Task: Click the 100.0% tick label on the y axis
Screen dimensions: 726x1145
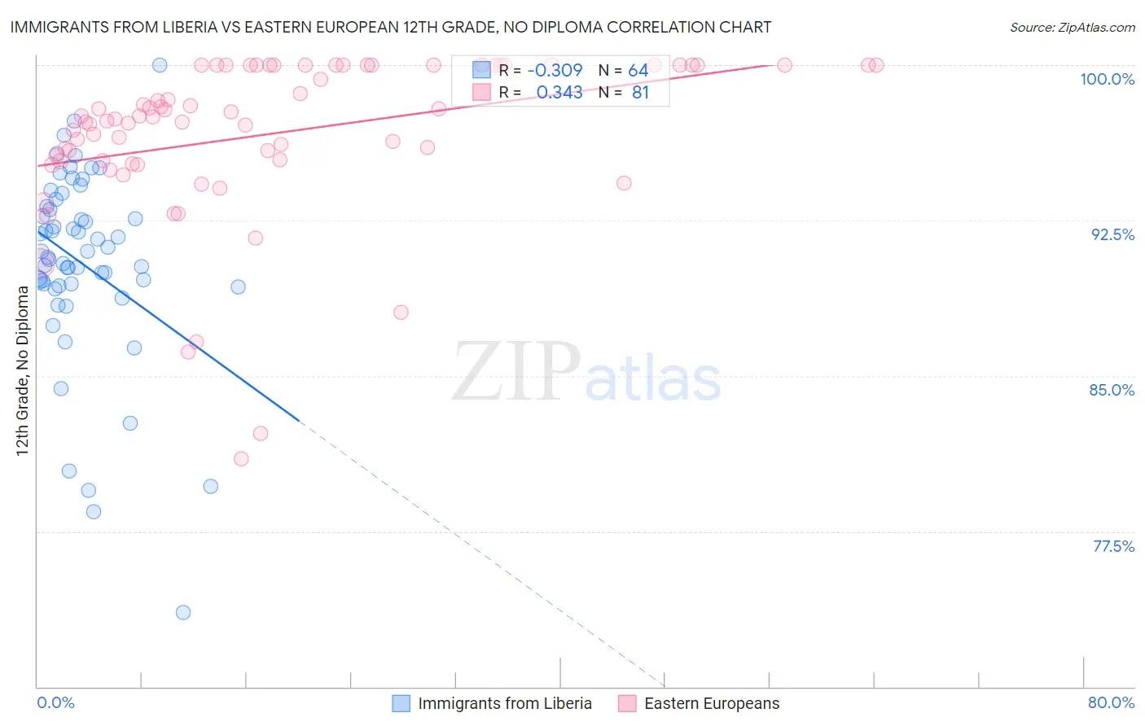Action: (1107, 79)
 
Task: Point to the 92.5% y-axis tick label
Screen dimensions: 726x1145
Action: (1112, 234)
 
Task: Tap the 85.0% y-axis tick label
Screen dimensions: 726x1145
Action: (1112, 390)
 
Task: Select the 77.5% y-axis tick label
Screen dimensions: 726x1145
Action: (1113, 546)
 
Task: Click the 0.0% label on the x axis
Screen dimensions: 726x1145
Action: (55, 702)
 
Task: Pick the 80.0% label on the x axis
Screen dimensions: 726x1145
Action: (1111, 702)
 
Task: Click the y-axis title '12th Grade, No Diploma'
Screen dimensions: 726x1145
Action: (23, 370)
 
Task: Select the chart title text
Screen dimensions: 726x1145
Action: (391, 27)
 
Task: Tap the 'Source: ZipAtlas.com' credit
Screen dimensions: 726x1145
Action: (1072, 27)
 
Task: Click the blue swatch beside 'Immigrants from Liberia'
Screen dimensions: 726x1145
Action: (401, 703)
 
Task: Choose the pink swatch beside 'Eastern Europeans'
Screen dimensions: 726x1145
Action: (627, 703)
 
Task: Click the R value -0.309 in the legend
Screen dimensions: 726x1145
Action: (555, 71)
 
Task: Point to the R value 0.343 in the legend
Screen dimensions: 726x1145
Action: (559, 93)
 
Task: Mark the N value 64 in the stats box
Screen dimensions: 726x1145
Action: (638, 71)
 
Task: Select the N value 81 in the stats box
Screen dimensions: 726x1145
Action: (640, 93)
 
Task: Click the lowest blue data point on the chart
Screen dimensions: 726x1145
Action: (183, 612)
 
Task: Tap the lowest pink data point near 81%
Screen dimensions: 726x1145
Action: (241, 459)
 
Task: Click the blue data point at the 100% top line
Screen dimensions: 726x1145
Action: (160, 65)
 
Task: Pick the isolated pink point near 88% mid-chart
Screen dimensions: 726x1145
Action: (401, 313)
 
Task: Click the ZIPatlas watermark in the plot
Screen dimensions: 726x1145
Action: (586, 373)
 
